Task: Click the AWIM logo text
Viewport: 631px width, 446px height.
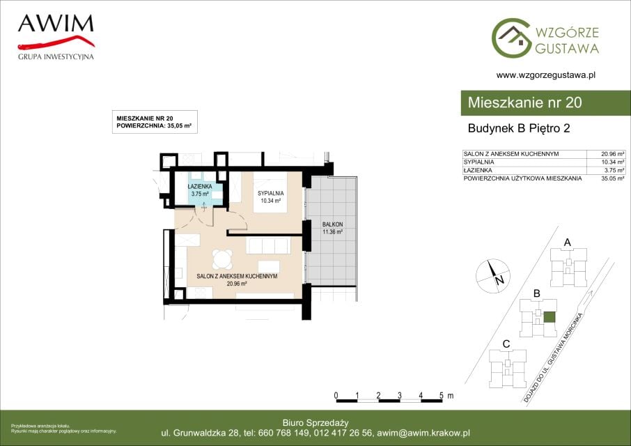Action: pyautogui.click(x=56, y=24)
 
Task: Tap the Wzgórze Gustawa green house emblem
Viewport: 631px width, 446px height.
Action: pyautogui.click(x=511, y=38)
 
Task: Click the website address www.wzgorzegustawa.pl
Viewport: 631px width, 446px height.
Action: pyautogui.click(x=546, y=75)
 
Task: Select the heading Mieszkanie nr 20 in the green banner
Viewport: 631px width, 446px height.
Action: pyautogui.click(x=524, y=102)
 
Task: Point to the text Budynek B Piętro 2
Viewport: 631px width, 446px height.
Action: pyautogui.click(x=519, y=128)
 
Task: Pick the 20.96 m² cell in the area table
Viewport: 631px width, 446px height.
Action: pyautogui.click(x=612, y=154)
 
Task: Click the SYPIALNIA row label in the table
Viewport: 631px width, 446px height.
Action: pyautogui.click(x=478, y=162)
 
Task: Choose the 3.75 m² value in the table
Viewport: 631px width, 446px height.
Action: pyautogui.click(x=614, y=170)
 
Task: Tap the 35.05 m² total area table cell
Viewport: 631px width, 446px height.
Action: pyautogui.click(x=612, y=178)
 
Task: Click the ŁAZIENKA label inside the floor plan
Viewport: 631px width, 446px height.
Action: pyautogui.click(x=200, y=187)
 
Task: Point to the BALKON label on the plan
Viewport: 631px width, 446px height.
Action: pyautogui.click(x=332, y=224)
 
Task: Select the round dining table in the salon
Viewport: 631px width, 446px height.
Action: pyautogui.click(x=222, y=260)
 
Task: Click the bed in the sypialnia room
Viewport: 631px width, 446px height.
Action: pyautogui.click(x=270, y=192)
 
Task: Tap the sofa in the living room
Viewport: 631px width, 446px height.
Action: pyautogui.click(x=268, y=245)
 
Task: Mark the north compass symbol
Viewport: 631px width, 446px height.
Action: pyautogui.click(x=493, y=276)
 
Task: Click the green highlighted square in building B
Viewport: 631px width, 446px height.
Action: pyautogui.click(x=550, y=317)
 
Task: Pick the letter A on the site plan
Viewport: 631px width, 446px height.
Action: pyautogui.click(x=568, y=243)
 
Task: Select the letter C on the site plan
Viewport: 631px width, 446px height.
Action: pyautogui.click(x=506, y=344)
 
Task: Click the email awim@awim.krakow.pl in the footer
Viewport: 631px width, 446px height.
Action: pyautogui.click(x=423, y=433)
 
